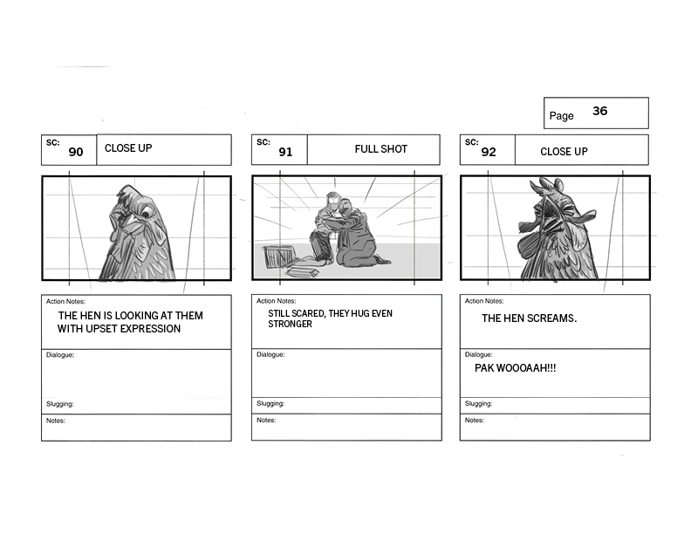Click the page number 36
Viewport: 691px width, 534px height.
tap(599, 111)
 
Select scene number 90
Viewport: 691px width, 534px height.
tap(76, 152)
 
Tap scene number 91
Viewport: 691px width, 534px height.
tap(285, 152)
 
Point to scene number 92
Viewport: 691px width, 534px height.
tap(489, 152)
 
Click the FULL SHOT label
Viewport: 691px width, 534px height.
tap(380, 149)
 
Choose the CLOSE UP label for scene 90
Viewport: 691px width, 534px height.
tap(128, 148)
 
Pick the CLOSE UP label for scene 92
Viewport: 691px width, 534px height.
tap(564, 152)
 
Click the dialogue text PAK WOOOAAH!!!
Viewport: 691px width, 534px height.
tap(515, 368)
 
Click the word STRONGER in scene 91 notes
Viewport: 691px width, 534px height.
tap(290, 324)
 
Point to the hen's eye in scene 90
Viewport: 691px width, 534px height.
tap(145, 214)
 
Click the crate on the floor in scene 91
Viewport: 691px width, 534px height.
tap(277, 256)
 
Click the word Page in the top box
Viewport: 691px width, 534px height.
tap(562, 116)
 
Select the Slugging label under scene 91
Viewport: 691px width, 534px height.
tap(270, 403)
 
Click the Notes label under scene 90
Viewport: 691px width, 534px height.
tap(56, 421)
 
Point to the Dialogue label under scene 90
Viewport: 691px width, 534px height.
tap(60, 354)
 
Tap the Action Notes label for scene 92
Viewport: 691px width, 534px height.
tap(484, 301)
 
